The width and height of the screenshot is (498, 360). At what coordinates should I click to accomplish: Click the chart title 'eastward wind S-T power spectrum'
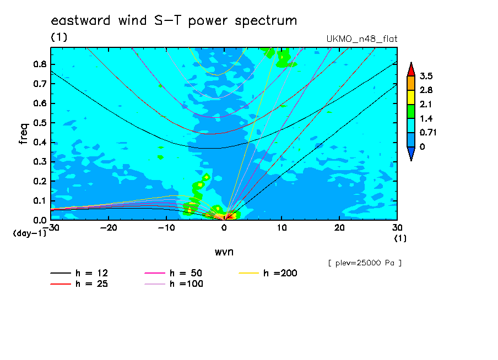tap(174, 21)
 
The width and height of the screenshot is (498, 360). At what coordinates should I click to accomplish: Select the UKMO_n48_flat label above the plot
tap(362, 39)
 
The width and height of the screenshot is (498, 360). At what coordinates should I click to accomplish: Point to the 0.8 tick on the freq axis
tap(40, 64)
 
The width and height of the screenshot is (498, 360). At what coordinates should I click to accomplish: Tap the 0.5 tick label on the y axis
tap(40, 123)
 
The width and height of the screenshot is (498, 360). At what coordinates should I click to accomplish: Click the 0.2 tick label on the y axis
tap(40, 181)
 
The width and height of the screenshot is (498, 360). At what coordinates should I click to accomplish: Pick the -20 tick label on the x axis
tap(109, 228)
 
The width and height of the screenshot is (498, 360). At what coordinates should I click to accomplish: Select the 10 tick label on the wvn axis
tap(282, 228)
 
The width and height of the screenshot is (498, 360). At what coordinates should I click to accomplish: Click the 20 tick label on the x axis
tap(339, 228)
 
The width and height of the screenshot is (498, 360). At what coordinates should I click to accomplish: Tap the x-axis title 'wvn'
tap(224, 252)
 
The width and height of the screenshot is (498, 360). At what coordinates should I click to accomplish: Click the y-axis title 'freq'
tap(24, 134)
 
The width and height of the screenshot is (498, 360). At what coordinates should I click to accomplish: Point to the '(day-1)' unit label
tap(30, 233)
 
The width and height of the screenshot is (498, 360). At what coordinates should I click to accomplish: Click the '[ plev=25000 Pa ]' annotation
tap(365, 263)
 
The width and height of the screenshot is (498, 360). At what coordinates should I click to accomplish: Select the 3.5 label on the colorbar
tap(426, 76)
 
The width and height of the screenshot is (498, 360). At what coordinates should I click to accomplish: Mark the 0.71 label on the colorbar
tap(428, 132)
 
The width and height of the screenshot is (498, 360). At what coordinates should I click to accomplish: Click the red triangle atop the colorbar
tap(411, 70)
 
